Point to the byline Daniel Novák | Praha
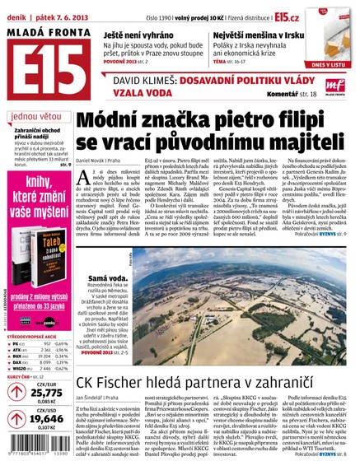pyautogui.click(x=102, y=155)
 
